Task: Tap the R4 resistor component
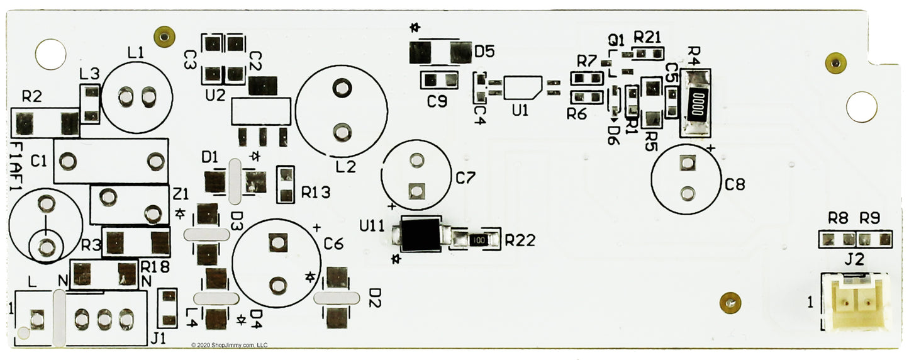click(x=696, y=103)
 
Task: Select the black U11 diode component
click(x=421, y=235)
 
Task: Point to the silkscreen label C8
click(x=735, y=185)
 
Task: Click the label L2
click(x=345, y=167)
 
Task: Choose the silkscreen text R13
click(x=316, y=193)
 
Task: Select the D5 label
click(x=484, y=52)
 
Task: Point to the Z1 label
click(x=181, y=192)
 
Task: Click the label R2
click(x=31, y=97)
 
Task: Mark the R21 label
click(x=647, y=37)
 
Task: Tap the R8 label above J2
click(x=838, y=219)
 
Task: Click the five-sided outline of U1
click(x=522, y=87)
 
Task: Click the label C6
click(x=333, y=244)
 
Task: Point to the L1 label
click(x=135, y=54)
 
